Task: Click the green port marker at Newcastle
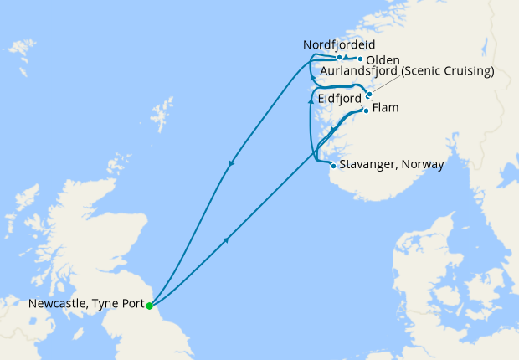[x=149, y=306]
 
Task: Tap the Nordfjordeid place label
[x=338, y=44]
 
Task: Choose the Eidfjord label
[x=341, y=99]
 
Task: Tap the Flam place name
[x=385, y=109]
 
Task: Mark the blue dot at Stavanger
[x=333, y=165]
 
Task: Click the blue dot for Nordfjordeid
[x=339, y=58]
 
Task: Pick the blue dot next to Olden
[x=360, y=59]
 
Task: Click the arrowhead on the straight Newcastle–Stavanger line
[x=226, y=240]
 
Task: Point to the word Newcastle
[x=50, y=304]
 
